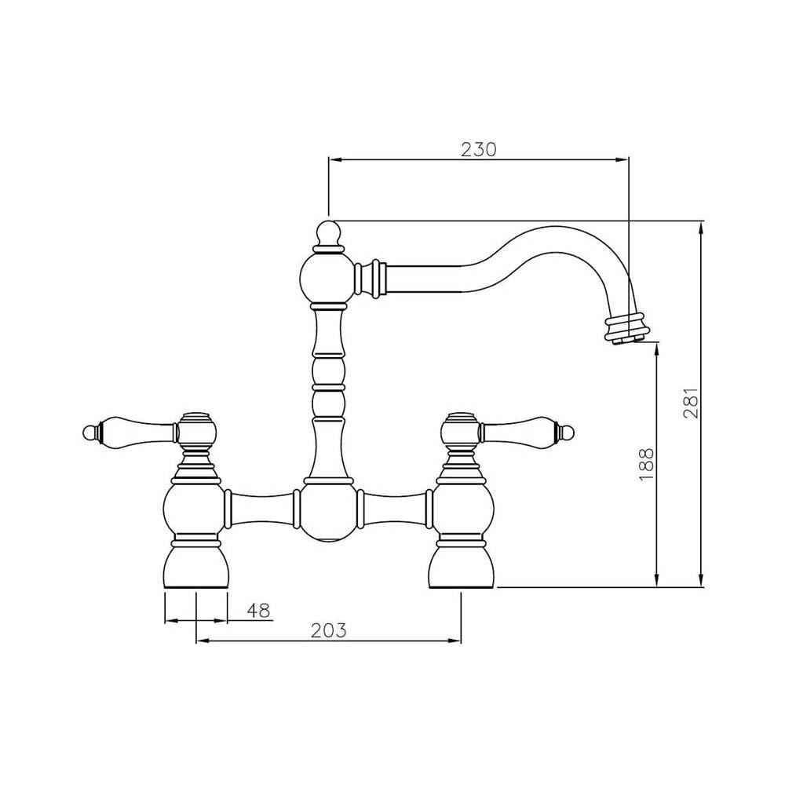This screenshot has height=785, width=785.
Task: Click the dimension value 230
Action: tap(478, 149)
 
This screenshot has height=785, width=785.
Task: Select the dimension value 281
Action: tap(691, 403)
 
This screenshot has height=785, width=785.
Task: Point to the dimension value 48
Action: tap(257, 610)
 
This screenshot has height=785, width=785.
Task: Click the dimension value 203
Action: tap(328, 630)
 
